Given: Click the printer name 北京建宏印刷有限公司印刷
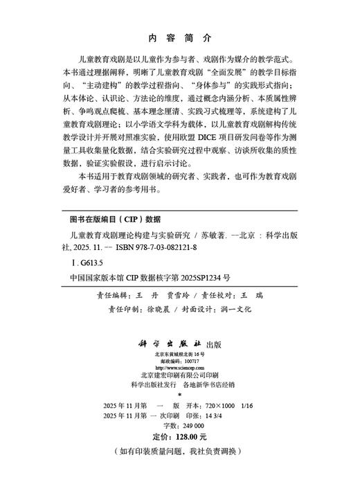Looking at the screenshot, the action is (x=179, y=377).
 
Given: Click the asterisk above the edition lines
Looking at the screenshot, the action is (x=180, y=395).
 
